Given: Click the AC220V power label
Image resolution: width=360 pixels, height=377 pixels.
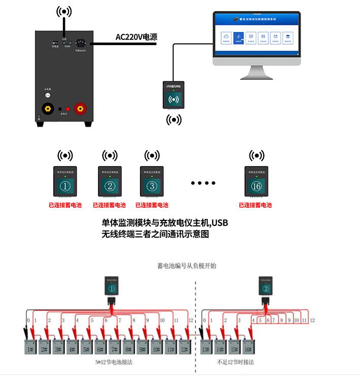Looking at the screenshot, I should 136,37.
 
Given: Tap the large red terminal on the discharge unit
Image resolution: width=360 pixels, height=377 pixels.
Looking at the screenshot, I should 80,108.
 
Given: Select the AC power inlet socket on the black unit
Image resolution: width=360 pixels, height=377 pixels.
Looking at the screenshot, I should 80,44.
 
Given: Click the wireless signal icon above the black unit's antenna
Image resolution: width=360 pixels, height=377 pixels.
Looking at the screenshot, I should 64,11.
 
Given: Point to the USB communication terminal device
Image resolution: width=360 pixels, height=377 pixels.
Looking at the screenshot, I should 173,95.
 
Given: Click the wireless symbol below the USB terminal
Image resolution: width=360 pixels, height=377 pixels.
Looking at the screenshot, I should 174,120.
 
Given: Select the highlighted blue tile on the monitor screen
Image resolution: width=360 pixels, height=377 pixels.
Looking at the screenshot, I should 238,37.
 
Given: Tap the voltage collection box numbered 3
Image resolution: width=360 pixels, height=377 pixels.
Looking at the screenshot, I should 151,181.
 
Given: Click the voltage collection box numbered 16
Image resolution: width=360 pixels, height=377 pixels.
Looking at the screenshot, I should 256,181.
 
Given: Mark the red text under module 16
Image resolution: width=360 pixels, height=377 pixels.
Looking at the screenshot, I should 256,205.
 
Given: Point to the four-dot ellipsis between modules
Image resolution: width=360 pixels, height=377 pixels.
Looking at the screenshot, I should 203,182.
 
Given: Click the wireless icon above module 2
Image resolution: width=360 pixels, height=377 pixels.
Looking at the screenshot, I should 109,155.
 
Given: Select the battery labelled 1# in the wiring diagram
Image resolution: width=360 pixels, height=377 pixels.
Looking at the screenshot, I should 31,349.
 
